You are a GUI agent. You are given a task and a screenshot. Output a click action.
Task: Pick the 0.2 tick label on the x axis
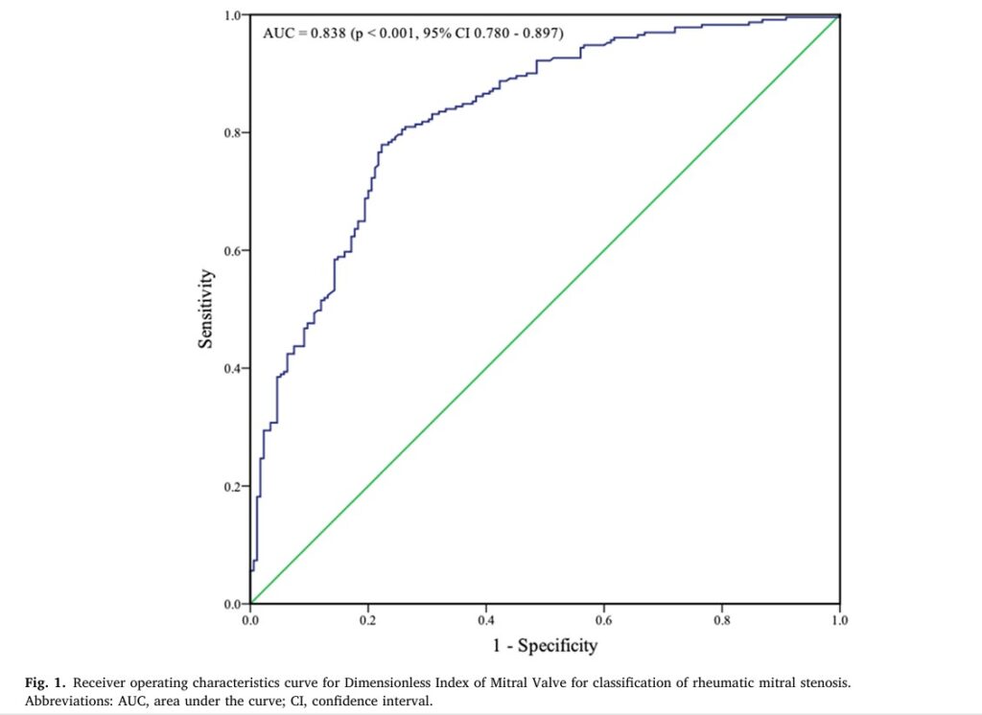click(367, 620)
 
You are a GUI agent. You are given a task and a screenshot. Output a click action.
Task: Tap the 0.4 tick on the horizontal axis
click(485, 620)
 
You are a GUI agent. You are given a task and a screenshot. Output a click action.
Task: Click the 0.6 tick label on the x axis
click(603, 620)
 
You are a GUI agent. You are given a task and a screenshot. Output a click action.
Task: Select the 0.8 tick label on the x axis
click(721, 620)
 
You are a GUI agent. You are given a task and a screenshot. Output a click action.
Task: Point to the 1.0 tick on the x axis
click(839, 620)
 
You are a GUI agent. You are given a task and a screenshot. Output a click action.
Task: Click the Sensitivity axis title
click(206, 309)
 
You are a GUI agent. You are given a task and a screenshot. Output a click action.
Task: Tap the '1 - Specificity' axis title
click(545, 645)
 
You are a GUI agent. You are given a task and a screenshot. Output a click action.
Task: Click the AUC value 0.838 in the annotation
click(327, 33)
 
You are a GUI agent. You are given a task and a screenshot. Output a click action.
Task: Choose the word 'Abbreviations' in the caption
click(65, 701)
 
